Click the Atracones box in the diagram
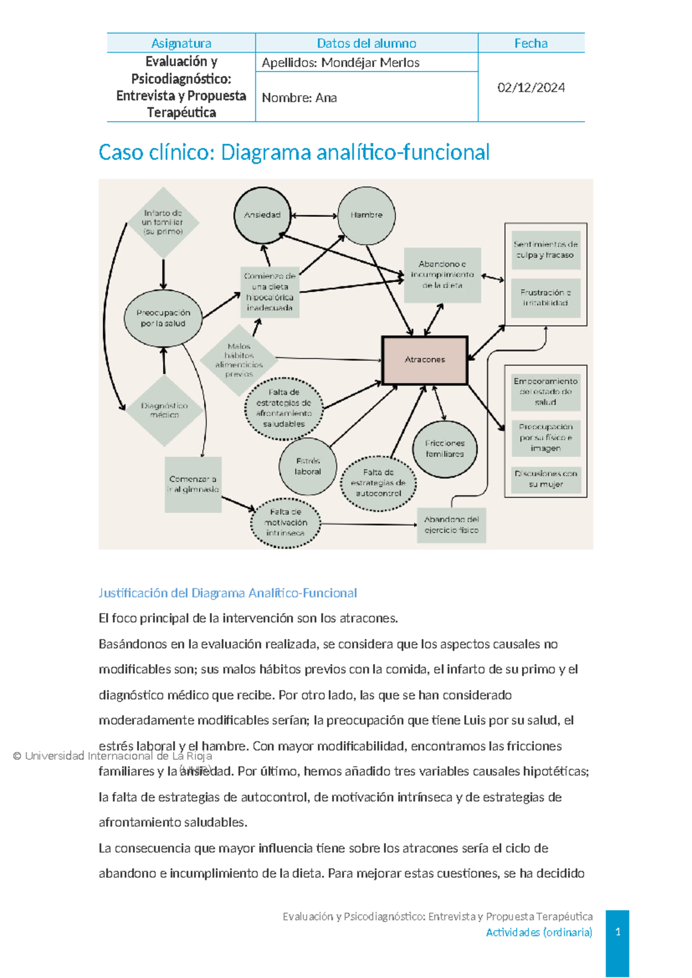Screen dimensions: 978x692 tap(425, 360)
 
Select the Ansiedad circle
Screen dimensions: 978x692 tap(262, 215)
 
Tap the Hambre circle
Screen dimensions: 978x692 tap(366, 215)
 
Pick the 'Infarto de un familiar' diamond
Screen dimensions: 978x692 tap(163, 222)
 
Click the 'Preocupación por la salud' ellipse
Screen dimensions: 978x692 tap(163, 318)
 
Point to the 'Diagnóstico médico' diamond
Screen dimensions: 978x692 tap(164, 410)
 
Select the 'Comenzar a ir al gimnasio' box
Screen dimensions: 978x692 tap(193, 484)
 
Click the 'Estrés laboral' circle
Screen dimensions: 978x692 tap(308, 467)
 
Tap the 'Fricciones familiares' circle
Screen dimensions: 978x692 tap(445, 449)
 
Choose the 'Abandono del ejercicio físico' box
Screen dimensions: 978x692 tap(452, 525)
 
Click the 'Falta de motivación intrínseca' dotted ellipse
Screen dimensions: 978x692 tap(285, 522)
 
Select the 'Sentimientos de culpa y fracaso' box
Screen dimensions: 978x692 tap(546, 250)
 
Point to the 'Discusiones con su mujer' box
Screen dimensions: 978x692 tap(546, 479)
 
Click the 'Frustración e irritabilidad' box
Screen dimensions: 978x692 tap(546, 298)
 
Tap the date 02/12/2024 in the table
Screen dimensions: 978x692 tap(531, 88)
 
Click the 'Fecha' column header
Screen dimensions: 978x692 tap(531, 43)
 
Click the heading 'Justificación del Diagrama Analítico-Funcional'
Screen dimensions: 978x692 tap(228, 593)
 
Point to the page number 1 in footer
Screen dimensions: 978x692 tap(618, 932)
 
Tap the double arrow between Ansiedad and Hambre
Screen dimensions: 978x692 tap(314, 216)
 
